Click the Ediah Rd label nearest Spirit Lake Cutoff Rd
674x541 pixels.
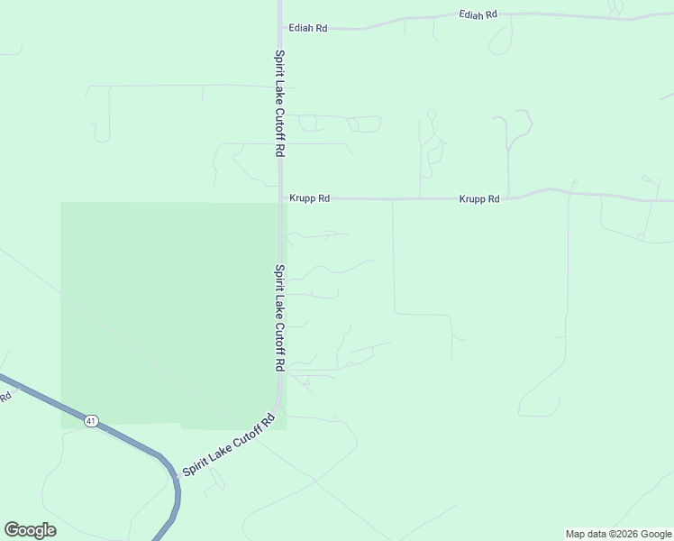(306, 28)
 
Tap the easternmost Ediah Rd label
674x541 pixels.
(478, 15)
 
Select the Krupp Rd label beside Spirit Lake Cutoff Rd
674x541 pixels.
(309, 198)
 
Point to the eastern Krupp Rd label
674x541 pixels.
(479, 199)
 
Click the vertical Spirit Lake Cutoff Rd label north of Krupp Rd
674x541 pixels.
(280, 104)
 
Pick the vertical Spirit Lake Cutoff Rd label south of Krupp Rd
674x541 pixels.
(280, 317)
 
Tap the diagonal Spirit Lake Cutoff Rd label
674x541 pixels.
(227, 445)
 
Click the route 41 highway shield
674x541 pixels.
(91, 421)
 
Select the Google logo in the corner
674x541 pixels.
(30, 530)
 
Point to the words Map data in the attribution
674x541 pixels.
(587, 534)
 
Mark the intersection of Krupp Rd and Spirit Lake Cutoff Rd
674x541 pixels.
(281, 198)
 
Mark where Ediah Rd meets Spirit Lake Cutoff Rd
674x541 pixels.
(280, 28)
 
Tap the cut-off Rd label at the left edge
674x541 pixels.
(5, 395)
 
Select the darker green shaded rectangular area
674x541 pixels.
(167, 311)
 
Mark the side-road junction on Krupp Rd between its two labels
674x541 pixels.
(393, 199)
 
